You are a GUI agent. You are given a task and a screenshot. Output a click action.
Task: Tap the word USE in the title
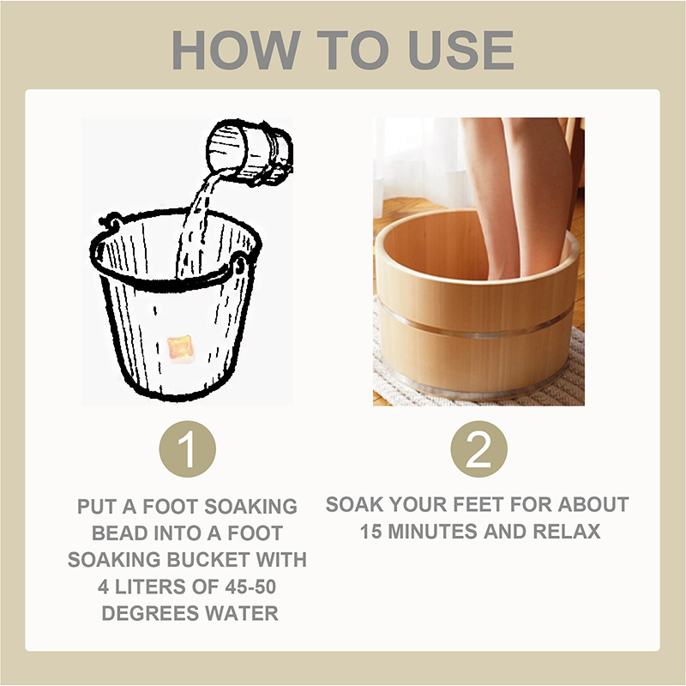point(460,50)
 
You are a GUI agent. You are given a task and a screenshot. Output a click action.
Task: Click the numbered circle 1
point(187,448)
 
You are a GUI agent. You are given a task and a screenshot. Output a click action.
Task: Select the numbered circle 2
point(478,448)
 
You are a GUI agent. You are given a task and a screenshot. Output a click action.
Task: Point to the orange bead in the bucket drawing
point(180,349)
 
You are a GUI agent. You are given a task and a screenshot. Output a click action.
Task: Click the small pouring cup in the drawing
point(250,152)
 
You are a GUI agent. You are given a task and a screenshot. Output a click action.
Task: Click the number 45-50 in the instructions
point(250,587)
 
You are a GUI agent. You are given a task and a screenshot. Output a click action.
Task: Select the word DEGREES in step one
point(150,613)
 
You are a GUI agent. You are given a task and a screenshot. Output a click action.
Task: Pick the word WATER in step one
point(242,613)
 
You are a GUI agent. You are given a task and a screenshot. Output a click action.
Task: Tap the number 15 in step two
point(371,532)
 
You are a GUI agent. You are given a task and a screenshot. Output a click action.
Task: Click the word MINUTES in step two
point(433,532)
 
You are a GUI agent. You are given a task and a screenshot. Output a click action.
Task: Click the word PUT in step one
point(97,507)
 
